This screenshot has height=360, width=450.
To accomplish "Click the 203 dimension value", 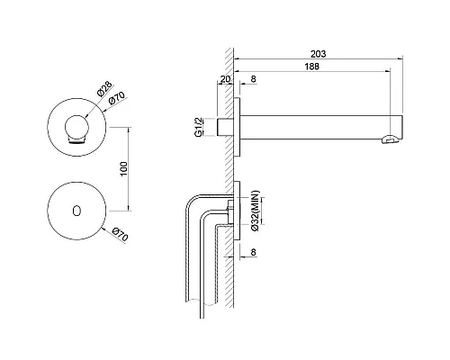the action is [x=318, y=54].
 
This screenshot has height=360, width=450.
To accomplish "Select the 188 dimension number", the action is [x=312, y=67].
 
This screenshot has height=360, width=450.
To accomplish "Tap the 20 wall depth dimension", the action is [x=225, y=79].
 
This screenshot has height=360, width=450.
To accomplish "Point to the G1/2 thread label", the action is [x=199, y=128].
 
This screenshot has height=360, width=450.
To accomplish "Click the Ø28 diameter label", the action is [x=104, y=88].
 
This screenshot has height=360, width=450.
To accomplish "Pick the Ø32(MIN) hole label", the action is [x=256, y=211].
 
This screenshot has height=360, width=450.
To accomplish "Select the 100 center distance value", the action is [x=123, y=169].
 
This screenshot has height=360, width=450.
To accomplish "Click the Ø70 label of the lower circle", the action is [x=121, y=234].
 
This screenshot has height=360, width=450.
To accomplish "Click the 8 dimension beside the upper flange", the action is [x=253, y=79].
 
